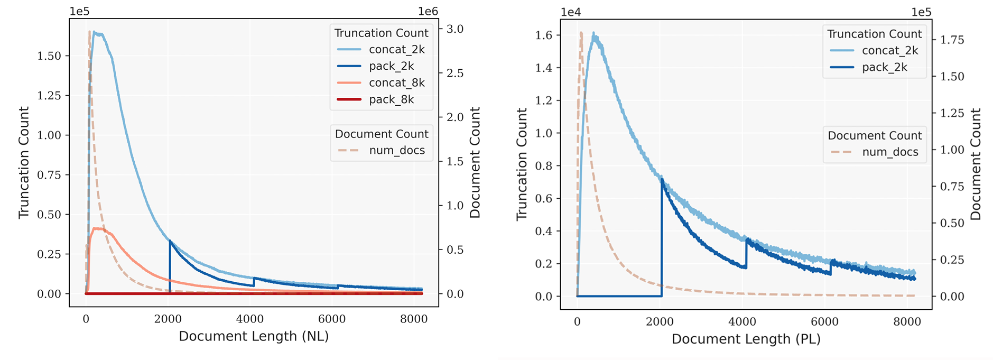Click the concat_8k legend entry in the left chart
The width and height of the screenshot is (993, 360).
396,83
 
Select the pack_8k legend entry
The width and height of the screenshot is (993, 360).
391,100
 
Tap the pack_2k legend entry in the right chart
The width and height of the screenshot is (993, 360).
884,68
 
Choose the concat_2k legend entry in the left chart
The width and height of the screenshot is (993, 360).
396,50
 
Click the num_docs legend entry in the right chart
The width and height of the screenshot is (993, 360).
890,152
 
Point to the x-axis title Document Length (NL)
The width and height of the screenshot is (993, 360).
254,337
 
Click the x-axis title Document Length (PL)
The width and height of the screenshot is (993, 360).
746,339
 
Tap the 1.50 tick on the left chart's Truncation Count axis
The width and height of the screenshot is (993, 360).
49,56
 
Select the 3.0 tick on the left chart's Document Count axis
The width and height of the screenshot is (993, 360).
454,29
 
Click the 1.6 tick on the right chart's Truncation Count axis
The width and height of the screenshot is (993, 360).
544,35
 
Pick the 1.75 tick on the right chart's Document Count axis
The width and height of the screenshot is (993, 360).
951,40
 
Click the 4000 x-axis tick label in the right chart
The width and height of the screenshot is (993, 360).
743,322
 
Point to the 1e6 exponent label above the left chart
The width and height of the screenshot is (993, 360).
428,11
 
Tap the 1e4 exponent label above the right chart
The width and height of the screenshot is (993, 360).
571,13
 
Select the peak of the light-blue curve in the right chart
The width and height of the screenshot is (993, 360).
593,34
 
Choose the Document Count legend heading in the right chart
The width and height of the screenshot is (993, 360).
874,136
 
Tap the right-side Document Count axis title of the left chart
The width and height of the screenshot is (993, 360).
475,162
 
